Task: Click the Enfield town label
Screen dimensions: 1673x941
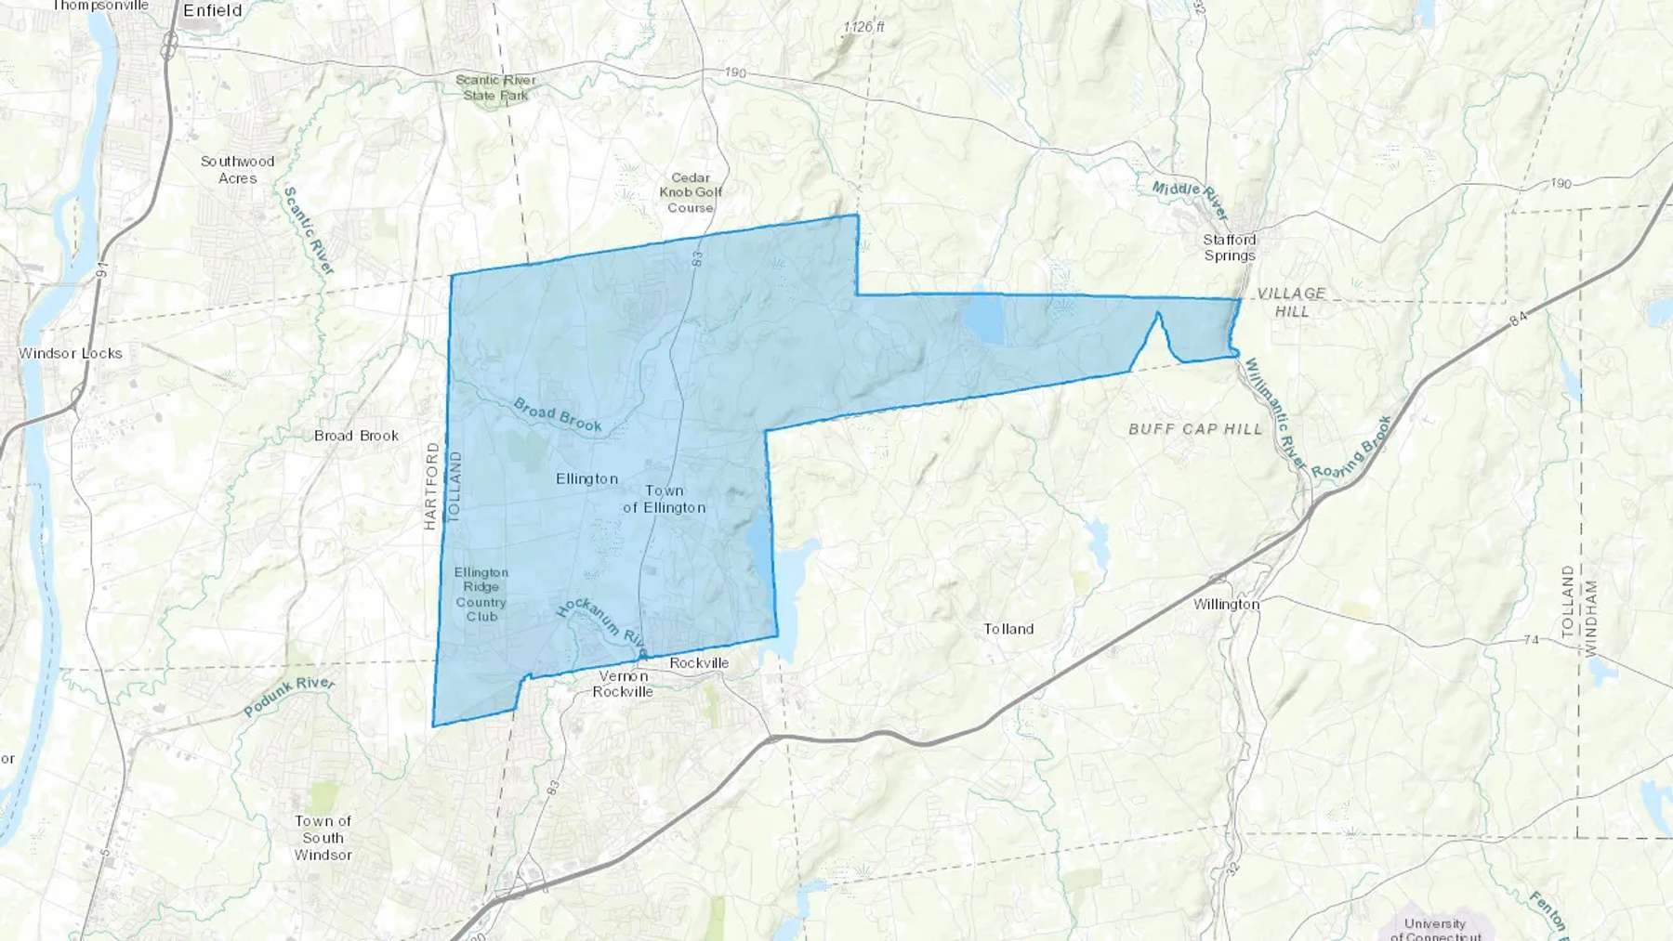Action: coord(212,11)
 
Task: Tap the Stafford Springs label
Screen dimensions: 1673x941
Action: coord(1229,247)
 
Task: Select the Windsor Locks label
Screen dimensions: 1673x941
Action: coord(71,353)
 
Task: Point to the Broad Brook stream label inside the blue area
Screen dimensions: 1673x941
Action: coord(558,415)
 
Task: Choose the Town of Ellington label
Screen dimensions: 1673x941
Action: coord(664,499)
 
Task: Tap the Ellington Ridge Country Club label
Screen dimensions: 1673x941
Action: coord(481,595)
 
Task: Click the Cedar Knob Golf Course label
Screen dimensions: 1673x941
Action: coord(691,192)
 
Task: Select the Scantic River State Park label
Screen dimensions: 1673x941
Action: coord(495,87)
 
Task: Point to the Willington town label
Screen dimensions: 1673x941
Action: coord(1226,604)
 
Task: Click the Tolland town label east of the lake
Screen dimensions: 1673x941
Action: coord(1008,629)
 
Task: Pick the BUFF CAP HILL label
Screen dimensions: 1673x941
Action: coord(1195,429)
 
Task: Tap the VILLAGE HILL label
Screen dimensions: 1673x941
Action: coord(1291,302)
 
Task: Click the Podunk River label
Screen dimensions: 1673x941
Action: coord(289,697)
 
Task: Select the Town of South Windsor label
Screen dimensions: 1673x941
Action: coord(323,838)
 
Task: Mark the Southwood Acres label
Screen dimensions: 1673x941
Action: coord(237,169)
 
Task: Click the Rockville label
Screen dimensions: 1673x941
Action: coord(699,662)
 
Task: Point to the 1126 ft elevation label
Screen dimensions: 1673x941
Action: coord(863,27)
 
